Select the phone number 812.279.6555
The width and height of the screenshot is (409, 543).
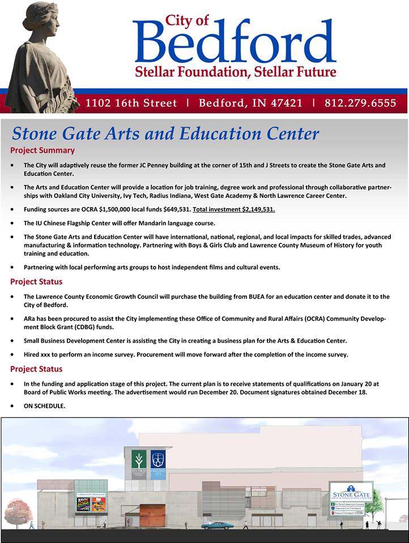click(360, 104)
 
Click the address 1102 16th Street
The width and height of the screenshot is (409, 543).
click(131, 104)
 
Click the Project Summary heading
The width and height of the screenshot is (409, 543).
click(42, 150)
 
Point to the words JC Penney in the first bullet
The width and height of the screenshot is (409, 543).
click(143, 165)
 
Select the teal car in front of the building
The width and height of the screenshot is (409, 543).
click(215, 525)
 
